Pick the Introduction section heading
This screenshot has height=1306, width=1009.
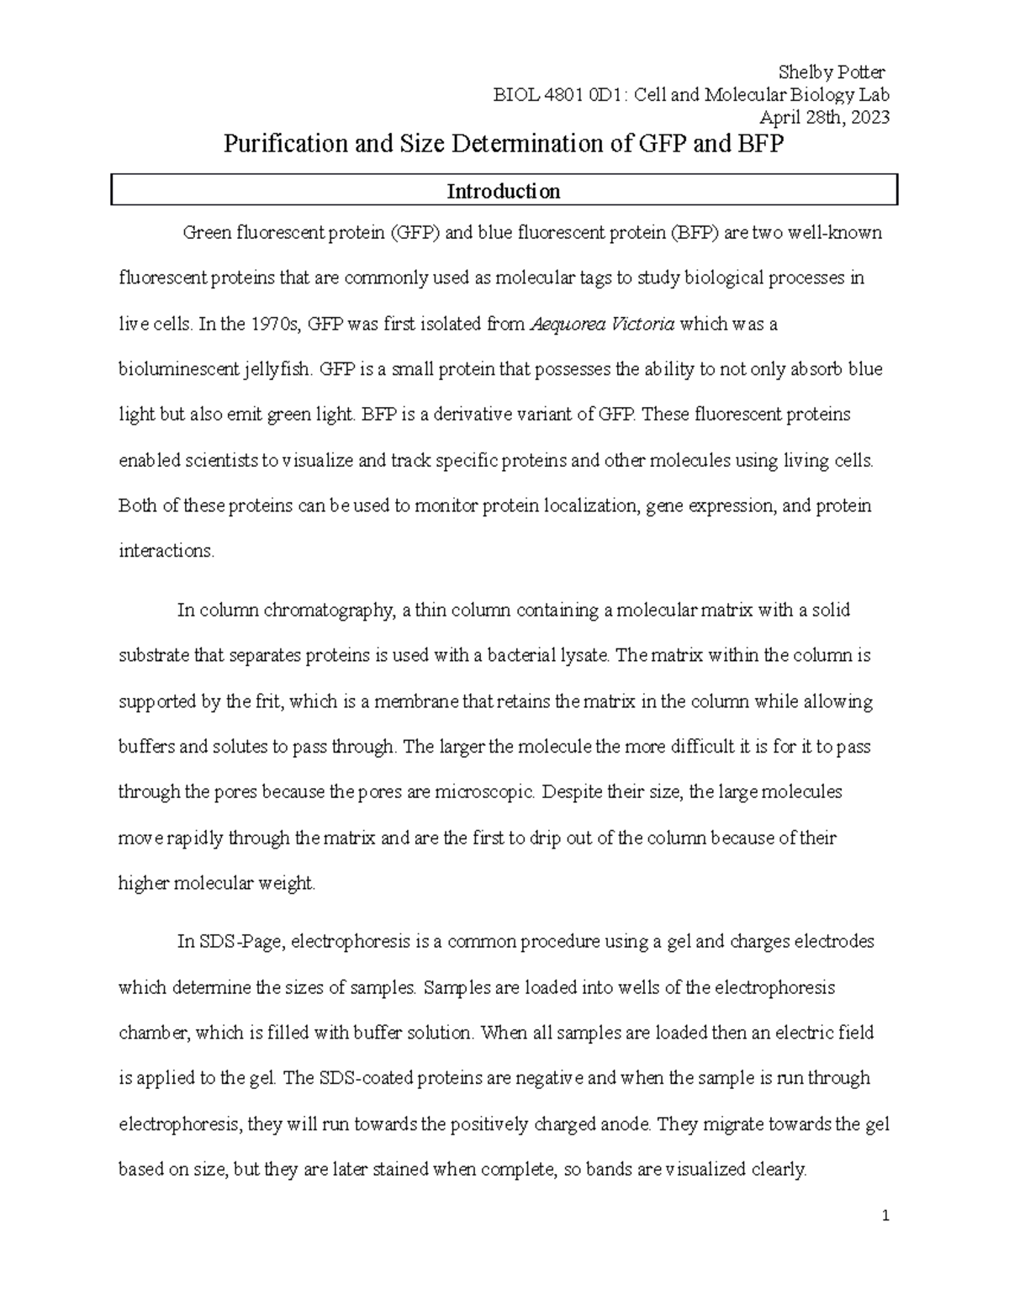tap(503, 192)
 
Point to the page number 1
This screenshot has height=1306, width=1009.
tap(886, 1216)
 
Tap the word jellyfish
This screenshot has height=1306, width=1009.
tap(277, 369)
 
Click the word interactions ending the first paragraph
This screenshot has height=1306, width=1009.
tap(166, 552)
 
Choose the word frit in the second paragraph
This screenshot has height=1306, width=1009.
tap(268, 701)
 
